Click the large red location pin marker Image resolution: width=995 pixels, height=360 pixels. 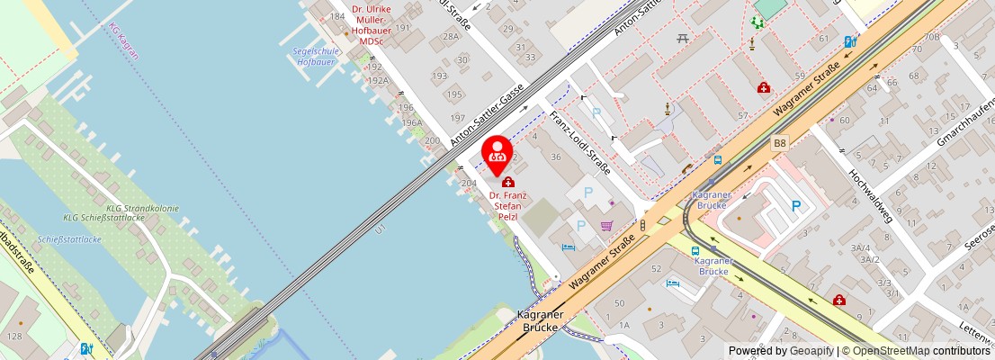[x=498, y=154]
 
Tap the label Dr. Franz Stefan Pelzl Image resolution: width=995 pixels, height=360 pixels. [x=508, y=205]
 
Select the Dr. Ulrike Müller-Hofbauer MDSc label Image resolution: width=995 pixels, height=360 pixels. [x=371, y=24]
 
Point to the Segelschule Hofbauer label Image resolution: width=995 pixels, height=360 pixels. [x=316, y=56]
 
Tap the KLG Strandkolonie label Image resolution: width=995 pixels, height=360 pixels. [x=104, y=209]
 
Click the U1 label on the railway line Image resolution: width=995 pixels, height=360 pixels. [x=381, y=229]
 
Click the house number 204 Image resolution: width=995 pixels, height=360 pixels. [x=469, y=183]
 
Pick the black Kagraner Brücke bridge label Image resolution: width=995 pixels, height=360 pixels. [x=540, y=321]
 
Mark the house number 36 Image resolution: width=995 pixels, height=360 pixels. [x=555, y=157]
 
